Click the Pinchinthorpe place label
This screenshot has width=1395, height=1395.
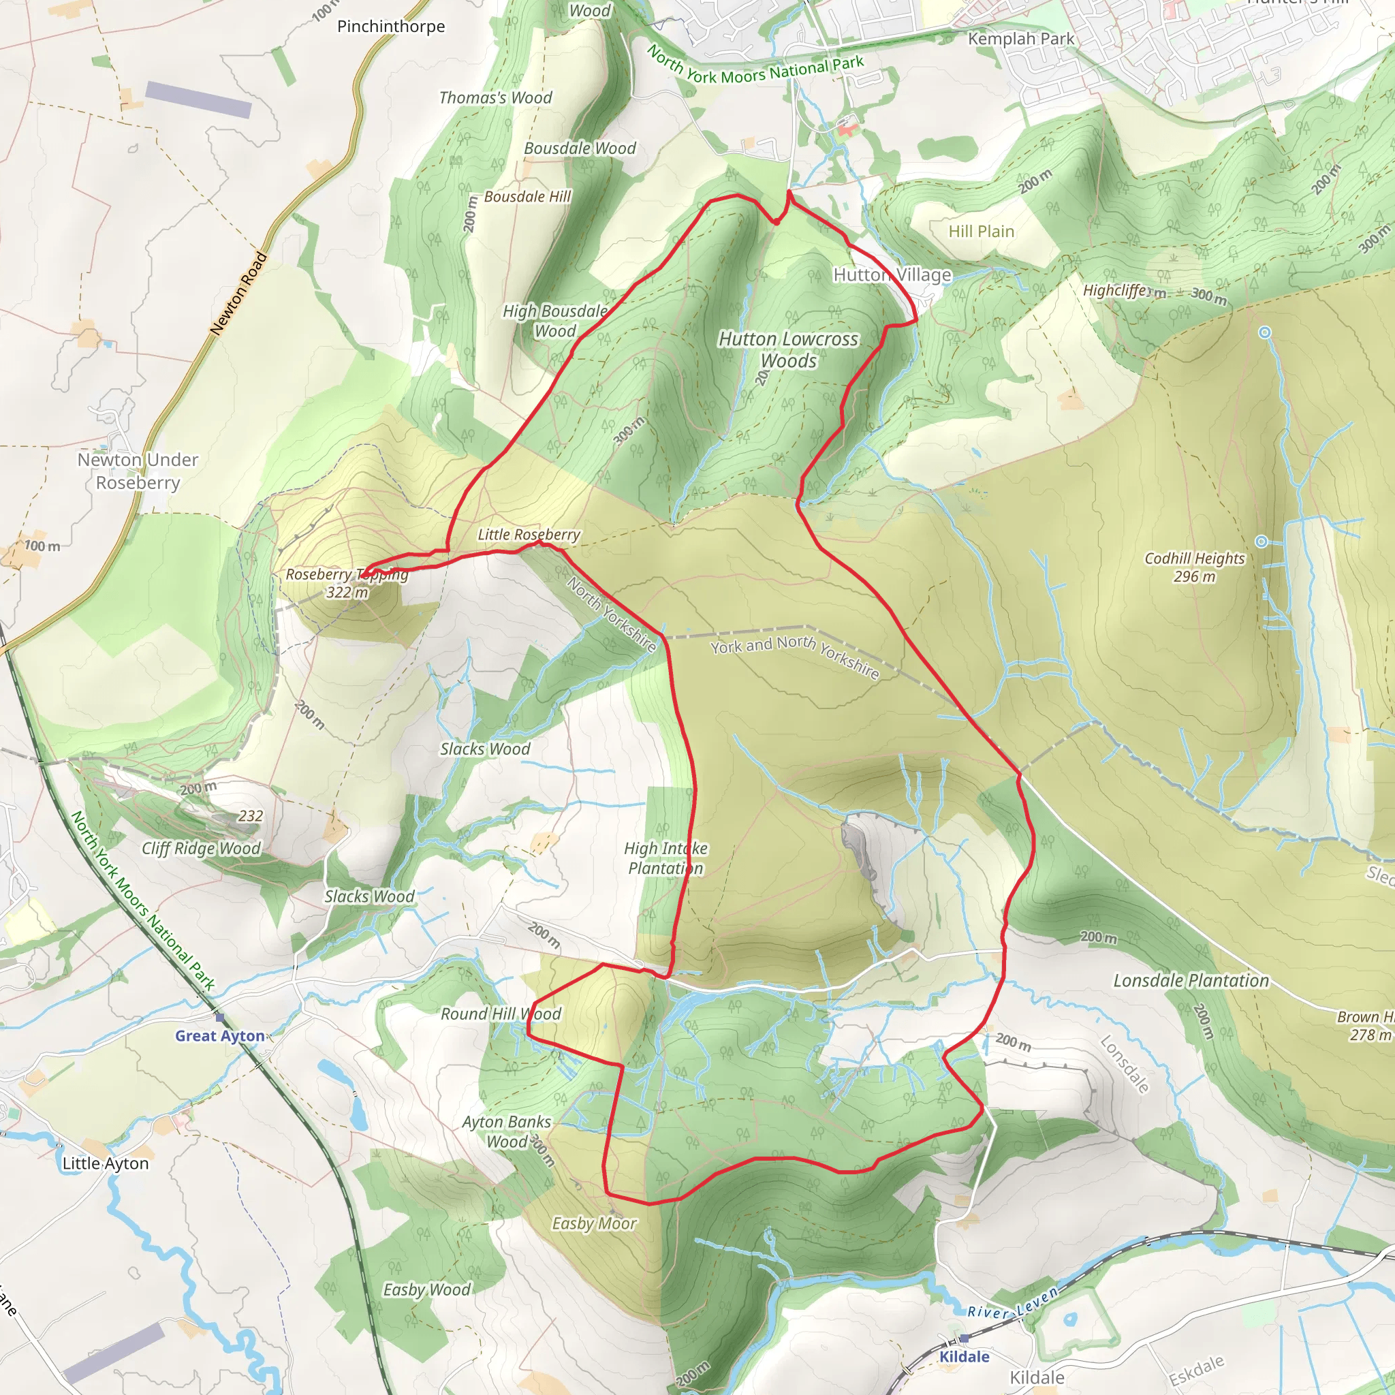(390, 27)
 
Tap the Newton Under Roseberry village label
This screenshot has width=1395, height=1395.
(137, 471)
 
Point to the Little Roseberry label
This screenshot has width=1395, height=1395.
(529, 534)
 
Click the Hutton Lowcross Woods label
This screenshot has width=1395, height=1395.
(789, 349)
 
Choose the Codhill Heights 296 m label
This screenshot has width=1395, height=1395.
(1194, 567)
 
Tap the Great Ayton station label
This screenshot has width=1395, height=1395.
(219, 1035)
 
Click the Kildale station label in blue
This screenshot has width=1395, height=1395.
(964, 1356)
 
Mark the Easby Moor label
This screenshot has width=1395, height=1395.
(594, 1223)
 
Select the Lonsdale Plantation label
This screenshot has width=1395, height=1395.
(1191, 981)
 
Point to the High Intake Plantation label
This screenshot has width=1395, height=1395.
(665, 858)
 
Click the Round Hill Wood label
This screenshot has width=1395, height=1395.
(501, 1014)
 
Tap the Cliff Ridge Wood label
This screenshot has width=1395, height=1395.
(201, 849)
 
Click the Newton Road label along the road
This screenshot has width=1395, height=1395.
(239, 293)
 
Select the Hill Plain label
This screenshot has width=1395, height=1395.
(982, 231)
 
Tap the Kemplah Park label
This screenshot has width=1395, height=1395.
(1021, 39)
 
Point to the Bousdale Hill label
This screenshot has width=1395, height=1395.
(527, 196)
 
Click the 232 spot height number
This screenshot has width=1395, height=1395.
(251, 816)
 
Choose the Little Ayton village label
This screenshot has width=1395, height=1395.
(106, 1163)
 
